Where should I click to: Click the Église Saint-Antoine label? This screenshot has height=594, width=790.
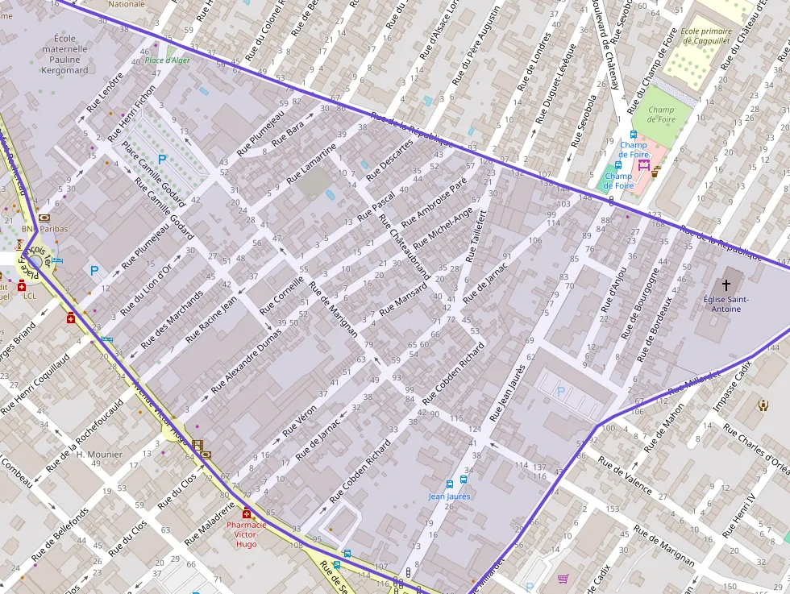click(726, 304)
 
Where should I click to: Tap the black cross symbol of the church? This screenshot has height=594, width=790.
click(726, 285)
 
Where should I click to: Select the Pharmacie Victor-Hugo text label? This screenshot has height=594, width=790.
click(247, 534)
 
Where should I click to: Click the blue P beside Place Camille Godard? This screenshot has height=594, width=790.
click(161, 160)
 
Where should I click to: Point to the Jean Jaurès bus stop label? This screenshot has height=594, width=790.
click(449, 496)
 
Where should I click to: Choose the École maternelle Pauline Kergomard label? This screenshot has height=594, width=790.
click(64, 54)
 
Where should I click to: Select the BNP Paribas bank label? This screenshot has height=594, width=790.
click(45, 229)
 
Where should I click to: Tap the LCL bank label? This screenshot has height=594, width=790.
click(31, 296)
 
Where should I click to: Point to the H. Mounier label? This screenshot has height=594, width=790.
click(99, 455)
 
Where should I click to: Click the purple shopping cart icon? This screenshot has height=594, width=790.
click(563, 579)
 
